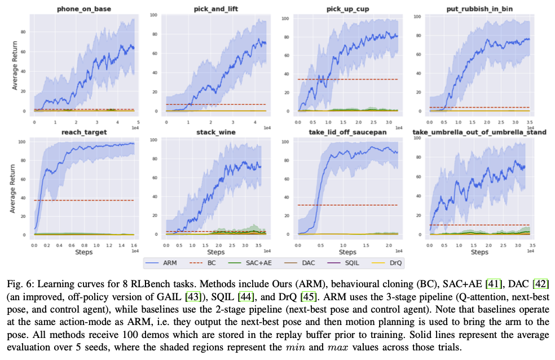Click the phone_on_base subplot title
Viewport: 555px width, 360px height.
[83, 9]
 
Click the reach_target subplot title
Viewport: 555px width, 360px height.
[83, 133]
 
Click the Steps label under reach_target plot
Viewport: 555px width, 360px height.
[83, 252]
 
